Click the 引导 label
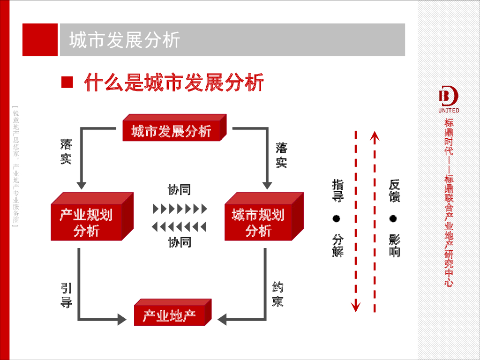coord(66,295)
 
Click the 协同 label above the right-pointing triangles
coord(180,189)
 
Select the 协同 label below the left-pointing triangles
coord(180,242)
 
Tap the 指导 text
coord(337,190)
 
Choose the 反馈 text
coord(394,190)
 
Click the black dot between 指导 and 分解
coord(337,218)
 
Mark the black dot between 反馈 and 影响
coord(394,218)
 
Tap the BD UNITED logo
coord(449,100)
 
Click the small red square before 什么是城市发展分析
coord(67,82)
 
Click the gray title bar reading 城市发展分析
coord(232,40)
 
